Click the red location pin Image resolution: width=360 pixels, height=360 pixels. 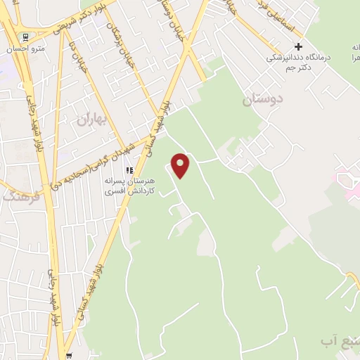pos(181,165)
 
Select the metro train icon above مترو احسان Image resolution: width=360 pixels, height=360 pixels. pos(25,37)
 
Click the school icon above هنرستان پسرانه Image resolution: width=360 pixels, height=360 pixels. pos(129,170)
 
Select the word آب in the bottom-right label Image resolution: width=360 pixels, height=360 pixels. pos(328,341)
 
